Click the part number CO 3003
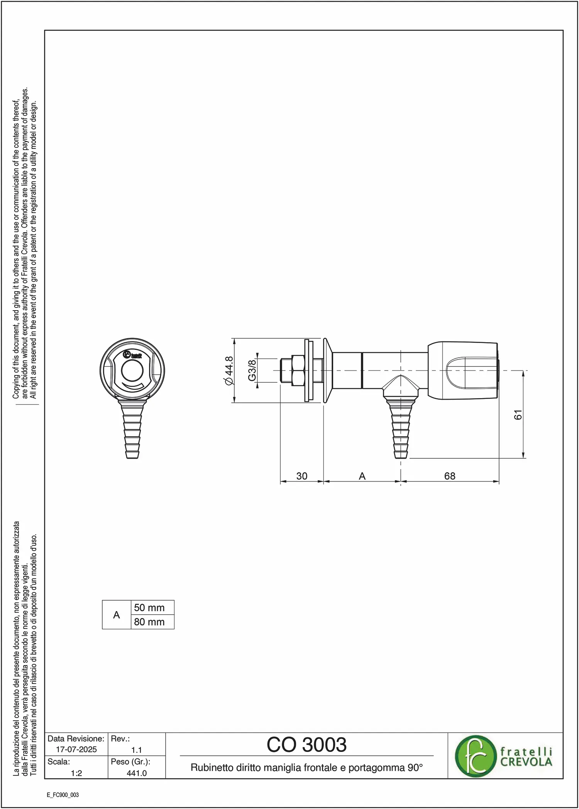(x=306, y=744)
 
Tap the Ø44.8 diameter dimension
(x=229, y=371)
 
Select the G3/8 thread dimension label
(x=252, y=370)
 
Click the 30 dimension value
(x=302, y=476)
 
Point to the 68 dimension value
(x=450, y=476)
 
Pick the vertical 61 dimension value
(x=518, y=415)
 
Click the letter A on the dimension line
(x=362, y=476)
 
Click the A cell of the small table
(x=117, y=615)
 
